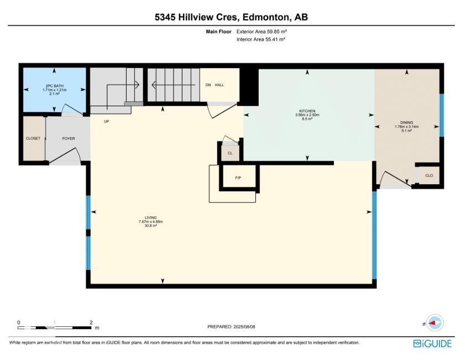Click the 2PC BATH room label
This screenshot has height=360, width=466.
click(54, 86)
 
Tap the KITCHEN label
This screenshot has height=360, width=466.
click(307, 111)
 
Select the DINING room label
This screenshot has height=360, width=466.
click(406, 122)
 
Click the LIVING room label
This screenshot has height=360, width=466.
click(151, 218)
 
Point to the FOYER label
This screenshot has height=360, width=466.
click(69, 139)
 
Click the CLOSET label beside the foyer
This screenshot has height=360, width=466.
click(33, 139)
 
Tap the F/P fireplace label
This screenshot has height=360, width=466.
click(238, 178)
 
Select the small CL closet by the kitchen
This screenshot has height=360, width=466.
click(230, 153)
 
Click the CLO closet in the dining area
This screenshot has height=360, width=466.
click(429, 175)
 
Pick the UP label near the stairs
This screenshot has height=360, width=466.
click(106, 121)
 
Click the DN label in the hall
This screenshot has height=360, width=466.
click(208, 85)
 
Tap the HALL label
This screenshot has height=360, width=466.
click(219, 85)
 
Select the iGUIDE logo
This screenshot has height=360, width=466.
click(432, 343)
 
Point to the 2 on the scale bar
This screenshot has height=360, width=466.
click(91, 322)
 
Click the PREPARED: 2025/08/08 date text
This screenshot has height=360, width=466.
click(231, 327)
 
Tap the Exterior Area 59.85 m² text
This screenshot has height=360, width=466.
click(261, 32)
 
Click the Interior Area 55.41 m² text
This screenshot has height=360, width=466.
click(261, 39)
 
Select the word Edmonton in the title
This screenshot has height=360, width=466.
click(266, 17)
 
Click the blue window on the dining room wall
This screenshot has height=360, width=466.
click(442, 115)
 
